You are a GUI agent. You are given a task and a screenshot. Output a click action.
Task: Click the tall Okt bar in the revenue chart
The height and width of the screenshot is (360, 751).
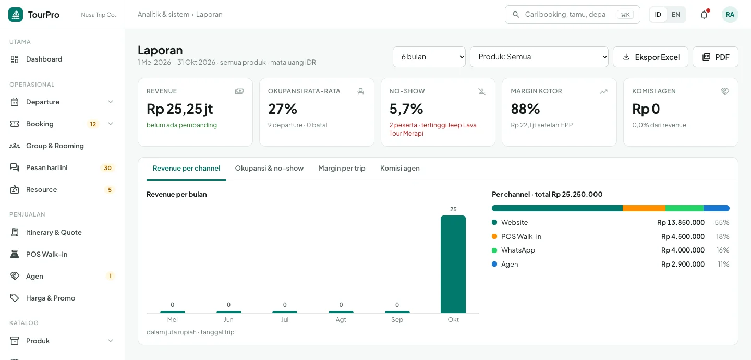pos(453,264)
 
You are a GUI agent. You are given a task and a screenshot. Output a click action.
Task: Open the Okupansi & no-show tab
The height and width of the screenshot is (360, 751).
pos(269,168)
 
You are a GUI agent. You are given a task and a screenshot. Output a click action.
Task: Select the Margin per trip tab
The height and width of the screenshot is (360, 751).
pos(342,168)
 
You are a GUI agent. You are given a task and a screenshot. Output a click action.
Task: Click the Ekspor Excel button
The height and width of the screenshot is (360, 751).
pos(650,57)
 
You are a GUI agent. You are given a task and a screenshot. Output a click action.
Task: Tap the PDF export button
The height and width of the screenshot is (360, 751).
pos(715,57)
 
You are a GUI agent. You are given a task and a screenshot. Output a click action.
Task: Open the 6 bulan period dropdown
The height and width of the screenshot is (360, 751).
pos(429,57)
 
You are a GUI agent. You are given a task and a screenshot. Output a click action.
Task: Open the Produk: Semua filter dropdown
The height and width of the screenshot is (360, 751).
pos(539,57)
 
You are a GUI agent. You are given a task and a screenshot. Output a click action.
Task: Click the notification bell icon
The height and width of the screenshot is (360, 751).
pos(704,15)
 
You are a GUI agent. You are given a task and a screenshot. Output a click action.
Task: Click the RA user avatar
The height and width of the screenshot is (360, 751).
pos(730,15)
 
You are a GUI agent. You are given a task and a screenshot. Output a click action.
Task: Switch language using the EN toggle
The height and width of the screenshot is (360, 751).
pos(675,15)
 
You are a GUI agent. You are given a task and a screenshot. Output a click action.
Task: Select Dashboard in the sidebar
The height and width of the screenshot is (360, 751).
pos(44,59)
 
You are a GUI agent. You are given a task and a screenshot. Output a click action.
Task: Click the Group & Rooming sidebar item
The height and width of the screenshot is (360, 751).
pos(55,146)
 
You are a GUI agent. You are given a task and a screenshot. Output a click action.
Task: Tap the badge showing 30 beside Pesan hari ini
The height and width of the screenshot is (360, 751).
pos(107,168)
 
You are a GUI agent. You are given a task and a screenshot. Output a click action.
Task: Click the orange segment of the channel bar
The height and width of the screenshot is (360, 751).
pos(644,208)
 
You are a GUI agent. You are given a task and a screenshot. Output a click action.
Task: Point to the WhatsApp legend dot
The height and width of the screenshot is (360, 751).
pos(494,250)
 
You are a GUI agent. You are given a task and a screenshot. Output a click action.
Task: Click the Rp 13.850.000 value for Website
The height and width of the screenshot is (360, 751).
pos(681,222)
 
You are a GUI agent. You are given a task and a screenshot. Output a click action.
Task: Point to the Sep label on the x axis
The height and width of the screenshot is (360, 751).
pos(397,320)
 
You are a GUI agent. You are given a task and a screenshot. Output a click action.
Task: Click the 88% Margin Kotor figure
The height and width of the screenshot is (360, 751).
pos(525,109)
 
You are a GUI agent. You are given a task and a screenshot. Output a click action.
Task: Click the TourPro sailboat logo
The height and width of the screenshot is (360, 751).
pos(16,15)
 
